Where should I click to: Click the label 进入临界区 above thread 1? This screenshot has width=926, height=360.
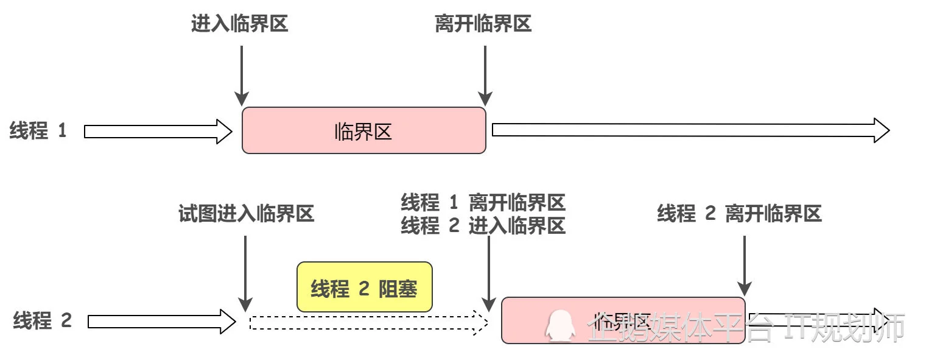[239, 24]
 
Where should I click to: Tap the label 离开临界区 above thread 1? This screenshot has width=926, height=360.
[483, 24]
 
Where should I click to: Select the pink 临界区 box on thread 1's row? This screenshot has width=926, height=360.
[364, 130]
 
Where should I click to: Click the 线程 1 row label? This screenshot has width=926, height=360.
[38, 131]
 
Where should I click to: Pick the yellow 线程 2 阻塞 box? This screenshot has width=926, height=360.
[364, 288]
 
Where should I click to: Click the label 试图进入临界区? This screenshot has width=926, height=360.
[247, 214]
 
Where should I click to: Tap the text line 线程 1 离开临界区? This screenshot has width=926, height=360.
[483, 202]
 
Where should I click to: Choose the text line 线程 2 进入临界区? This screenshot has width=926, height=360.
[483, 226]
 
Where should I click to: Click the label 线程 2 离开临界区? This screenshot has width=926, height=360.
[740, 213]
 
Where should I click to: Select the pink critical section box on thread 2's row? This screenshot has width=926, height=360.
[623, 320]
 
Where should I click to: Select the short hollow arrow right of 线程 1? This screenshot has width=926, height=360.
[158, 131]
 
